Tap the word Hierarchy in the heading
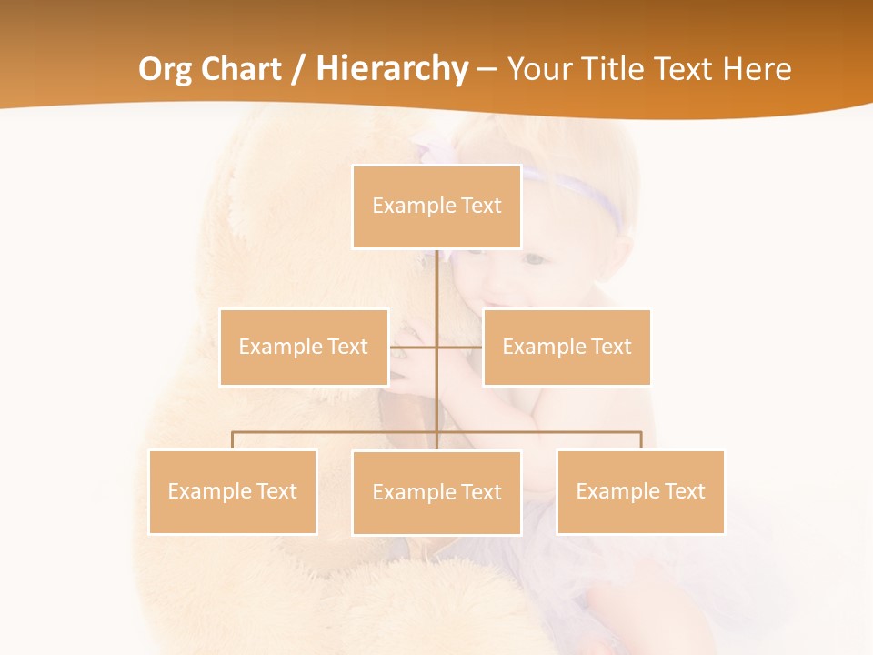pos(391,69)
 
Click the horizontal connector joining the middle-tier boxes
pos(459,347)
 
